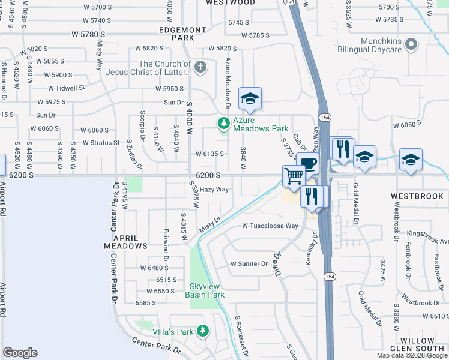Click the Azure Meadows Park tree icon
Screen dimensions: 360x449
point(224,124)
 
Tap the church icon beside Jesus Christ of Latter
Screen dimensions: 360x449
point(200,67)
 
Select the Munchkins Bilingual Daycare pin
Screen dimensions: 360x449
point(411,44)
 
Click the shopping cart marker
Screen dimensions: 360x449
point(294,176)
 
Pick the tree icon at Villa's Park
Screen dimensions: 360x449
point(203,331)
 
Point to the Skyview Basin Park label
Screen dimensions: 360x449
point(207,290)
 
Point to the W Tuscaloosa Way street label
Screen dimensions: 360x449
point(270,226)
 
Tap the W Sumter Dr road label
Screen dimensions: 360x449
point(249,264)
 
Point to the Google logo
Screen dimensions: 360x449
point(20,353)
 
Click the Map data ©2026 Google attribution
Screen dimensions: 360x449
point(412,355)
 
